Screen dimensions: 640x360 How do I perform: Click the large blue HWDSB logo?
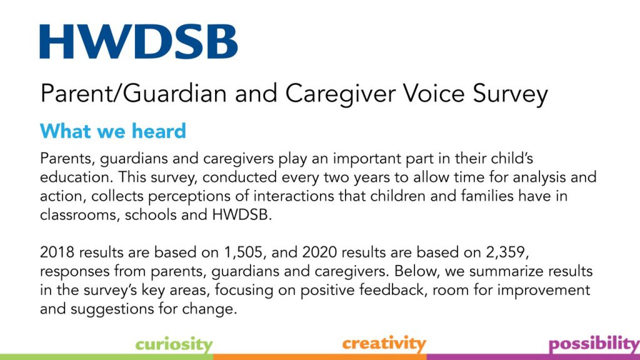tap(138, 41)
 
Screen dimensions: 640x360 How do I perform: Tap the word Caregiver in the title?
tap(341, 94)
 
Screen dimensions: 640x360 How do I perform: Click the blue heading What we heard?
tap(113, 131)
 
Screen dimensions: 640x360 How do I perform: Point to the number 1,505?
tap(243, 252)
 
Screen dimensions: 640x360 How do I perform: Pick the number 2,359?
tap(507, 252)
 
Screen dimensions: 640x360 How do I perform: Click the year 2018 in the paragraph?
tap(57, 252)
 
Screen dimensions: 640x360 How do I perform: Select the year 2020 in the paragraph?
tap(319, 252)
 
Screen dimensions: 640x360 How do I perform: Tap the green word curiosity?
tap(174, 344)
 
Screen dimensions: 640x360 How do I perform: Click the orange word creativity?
tap(384, 344)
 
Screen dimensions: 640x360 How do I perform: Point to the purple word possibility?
tap(594, 344)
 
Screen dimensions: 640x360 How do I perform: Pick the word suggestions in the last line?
tap(112, 309)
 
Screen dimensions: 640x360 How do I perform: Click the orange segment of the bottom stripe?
tap(319, 357)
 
